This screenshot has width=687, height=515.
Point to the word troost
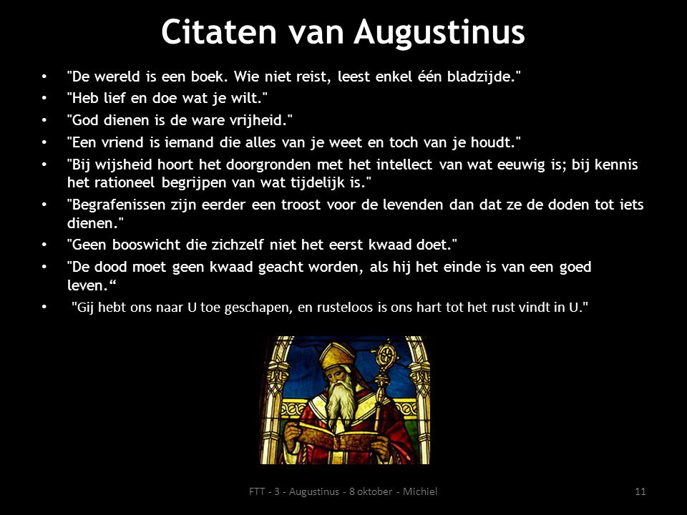[301, 205]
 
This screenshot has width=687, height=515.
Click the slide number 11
[640, 491]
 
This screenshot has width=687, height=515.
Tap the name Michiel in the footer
[420, 491]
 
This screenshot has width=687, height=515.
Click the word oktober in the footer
[374, 491]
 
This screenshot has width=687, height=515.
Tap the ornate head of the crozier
[385, 354]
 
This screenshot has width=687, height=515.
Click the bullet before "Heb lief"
[44, 98]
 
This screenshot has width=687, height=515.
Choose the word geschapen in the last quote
[258, 308]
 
